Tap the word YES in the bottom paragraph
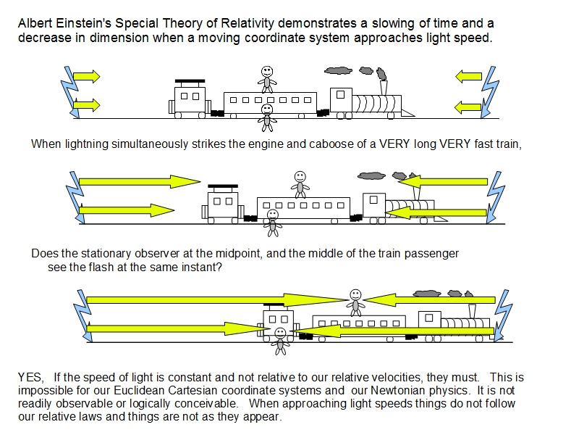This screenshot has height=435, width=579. point(30,378)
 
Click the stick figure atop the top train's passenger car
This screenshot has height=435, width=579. point(268,77)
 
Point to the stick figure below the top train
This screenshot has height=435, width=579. point(267,116)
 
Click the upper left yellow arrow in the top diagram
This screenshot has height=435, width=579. point(86,75)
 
